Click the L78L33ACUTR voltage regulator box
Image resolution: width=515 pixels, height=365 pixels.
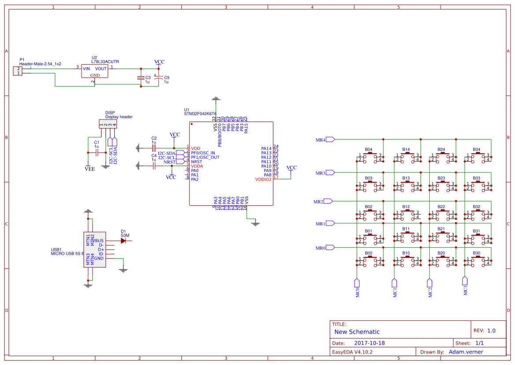click(x=94, y=71)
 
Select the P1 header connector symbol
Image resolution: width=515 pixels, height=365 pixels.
click(x=18, y=71)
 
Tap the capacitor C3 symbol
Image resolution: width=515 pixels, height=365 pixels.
click(x=141, y=78)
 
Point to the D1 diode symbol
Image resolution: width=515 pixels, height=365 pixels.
click(x=123, y=241)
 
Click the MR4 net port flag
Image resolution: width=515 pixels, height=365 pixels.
click(x=330, y=140)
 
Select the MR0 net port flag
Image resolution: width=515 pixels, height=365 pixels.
click(x=330, y=248)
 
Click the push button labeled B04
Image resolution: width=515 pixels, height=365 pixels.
click(x=369, y=157)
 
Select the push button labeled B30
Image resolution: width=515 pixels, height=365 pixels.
click(x=477, y=261)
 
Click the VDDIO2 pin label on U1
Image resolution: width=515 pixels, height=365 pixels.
click(x=263, y=179)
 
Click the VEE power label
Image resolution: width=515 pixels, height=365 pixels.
click(x=89, y=168)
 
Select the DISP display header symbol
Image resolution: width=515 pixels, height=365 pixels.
click(x=108, y=124)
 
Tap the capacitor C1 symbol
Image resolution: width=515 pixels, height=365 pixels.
click(x=97, y=153)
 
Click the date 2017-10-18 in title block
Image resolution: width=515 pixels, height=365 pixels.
click(x=369, y=343)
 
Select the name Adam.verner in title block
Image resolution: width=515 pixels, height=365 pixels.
click(x=466, y=352)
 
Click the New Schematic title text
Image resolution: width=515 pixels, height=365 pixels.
click(x=357, y=332)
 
